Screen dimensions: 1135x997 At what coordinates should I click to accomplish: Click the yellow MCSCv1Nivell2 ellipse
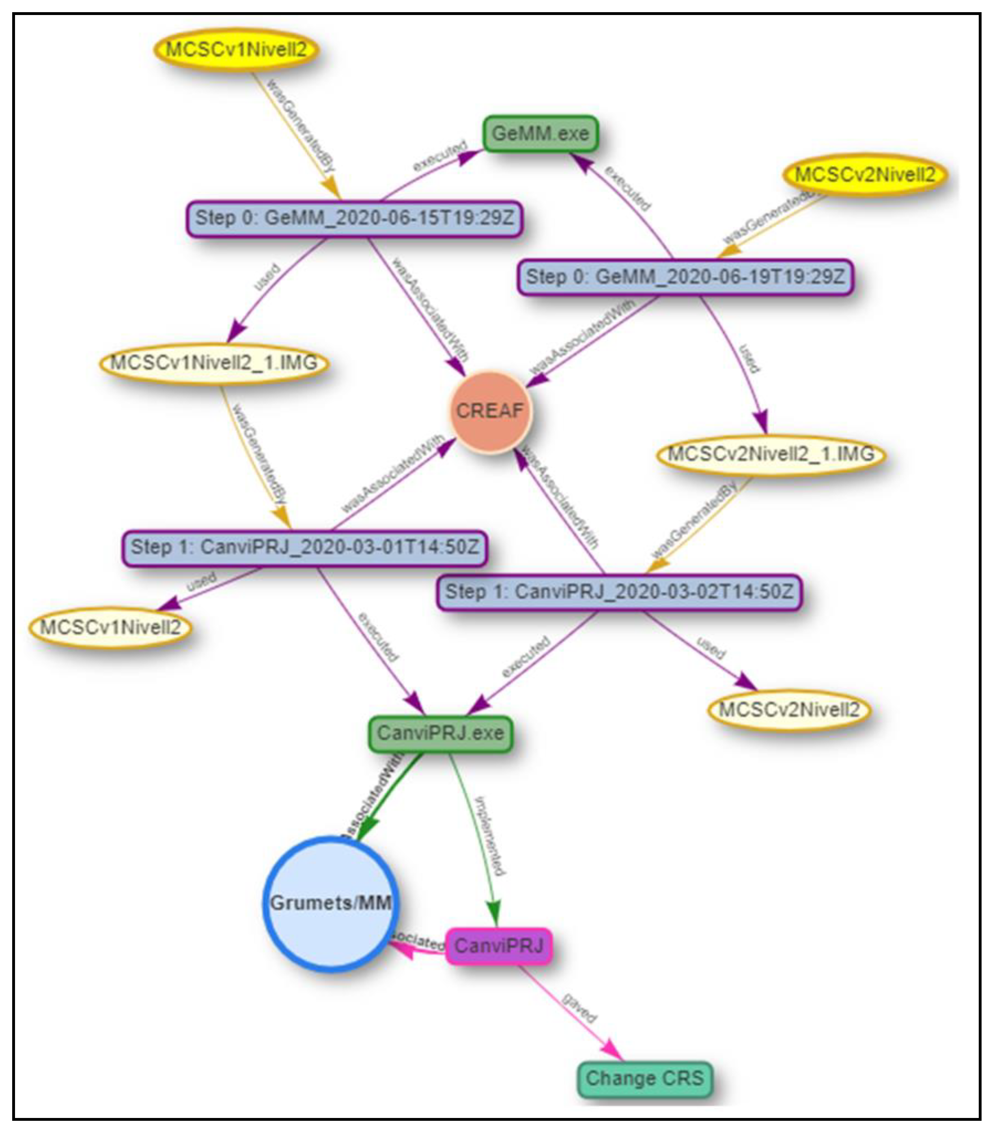click(x=236, y=50)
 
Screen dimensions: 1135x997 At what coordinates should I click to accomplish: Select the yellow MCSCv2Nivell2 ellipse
click(x=865, y=175)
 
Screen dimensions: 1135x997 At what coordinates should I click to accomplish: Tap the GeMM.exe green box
click(x=540, y=134)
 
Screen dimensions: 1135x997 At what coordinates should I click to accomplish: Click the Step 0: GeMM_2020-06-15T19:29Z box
click(x=354, y=218)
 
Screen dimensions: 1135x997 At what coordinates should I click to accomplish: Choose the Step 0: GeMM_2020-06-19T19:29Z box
click(x=685, y=277)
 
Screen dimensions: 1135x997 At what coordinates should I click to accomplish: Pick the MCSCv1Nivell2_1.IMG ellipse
click(x=214, y=364)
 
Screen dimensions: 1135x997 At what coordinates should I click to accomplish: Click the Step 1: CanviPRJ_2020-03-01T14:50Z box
click(x=304, y=548)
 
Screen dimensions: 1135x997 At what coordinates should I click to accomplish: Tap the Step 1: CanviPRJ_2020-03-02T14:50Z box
click(x=618, y=592)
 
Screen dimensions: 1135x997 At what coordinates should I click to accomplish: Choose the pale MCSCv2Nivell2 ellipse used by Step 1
click(x=789, y=710)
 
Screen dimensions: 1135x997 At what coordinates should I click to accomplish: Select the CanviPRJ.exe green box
click(x=440, y=734)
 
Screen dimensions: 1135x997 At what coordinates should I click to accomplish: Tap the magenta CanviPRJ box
click(x=498, y=946)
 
